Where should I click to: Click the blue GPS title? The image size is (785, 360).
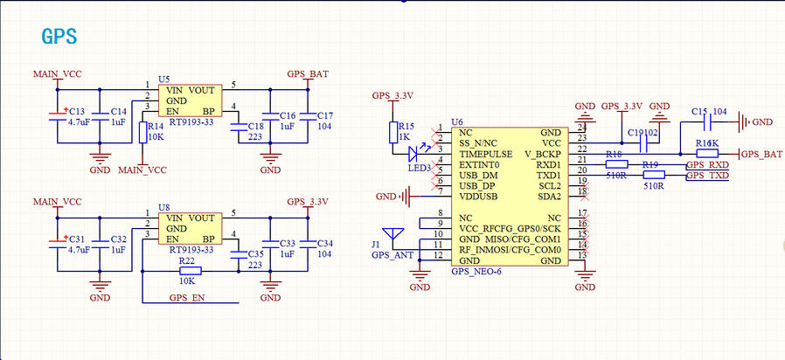tap(60, 36)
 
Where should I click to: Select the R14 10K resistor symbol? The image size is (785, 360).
tap(142, 132)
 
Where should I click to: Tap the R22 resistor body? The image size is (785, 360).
tap(185, 271)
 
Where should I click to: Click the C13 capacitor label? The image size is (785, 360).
tap(76, 113)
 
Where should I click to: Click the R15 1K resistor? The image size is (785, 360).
tap(393, 132)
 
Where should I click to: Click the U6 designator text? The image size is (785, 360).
tap(456, 121)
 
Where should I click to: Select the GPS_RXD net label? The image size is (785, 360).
tap(707, 164)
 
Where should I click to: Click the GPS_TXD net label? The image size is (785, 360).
tap(707, 176)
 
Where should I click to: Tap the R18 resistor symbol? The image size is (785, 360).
tap(616, 163)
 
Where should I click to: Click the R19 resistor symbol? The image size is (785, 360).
tap(653, 175)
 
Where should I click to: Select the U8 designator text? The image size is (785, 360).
tap(163, 208)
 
